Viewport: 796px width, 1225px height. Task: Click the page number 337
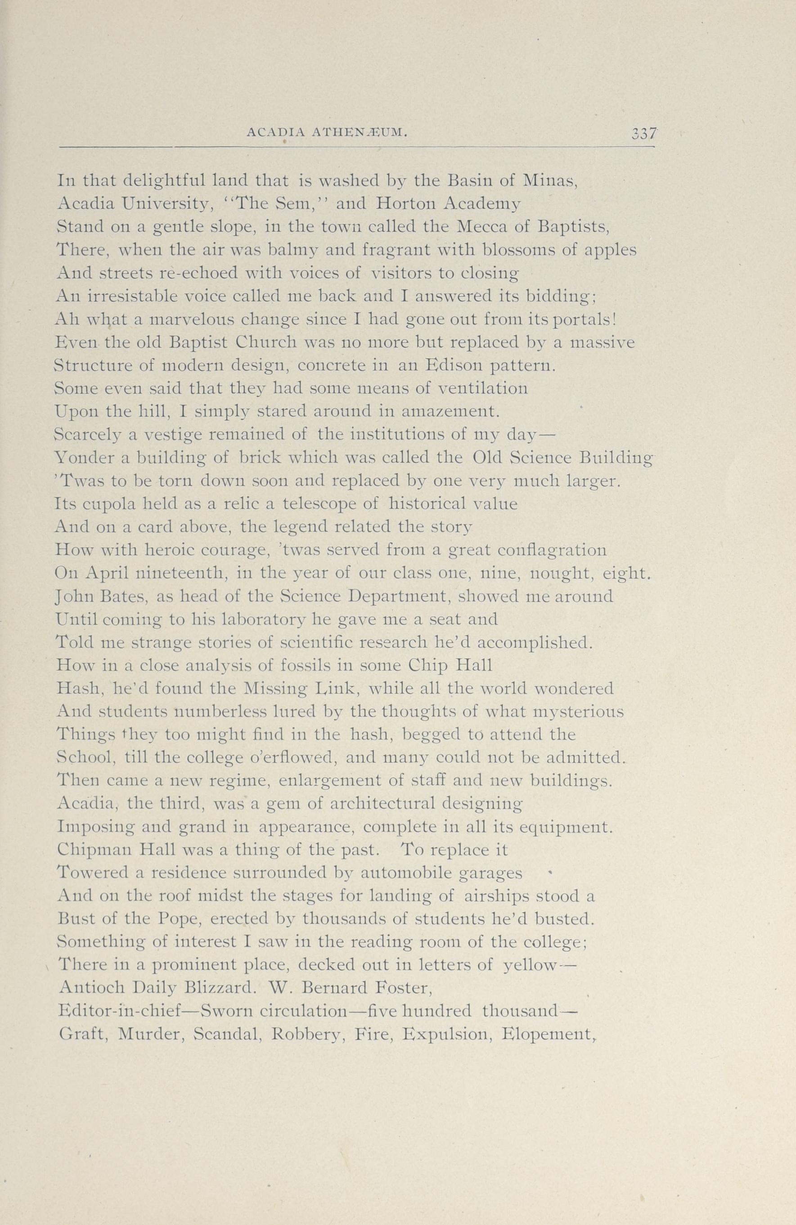(644, 134)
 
